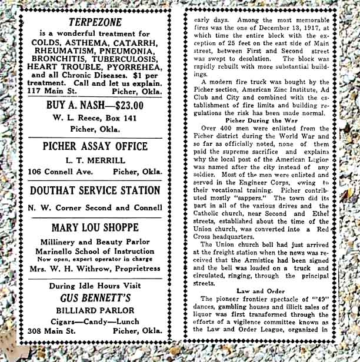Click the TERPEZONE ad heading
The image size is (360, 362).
[x=95, y=22]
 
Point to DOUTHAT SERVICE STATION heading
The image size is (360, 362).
[x=95, y=190]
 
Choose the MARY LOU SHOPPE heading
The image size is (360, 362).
[x=95, y=227]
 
